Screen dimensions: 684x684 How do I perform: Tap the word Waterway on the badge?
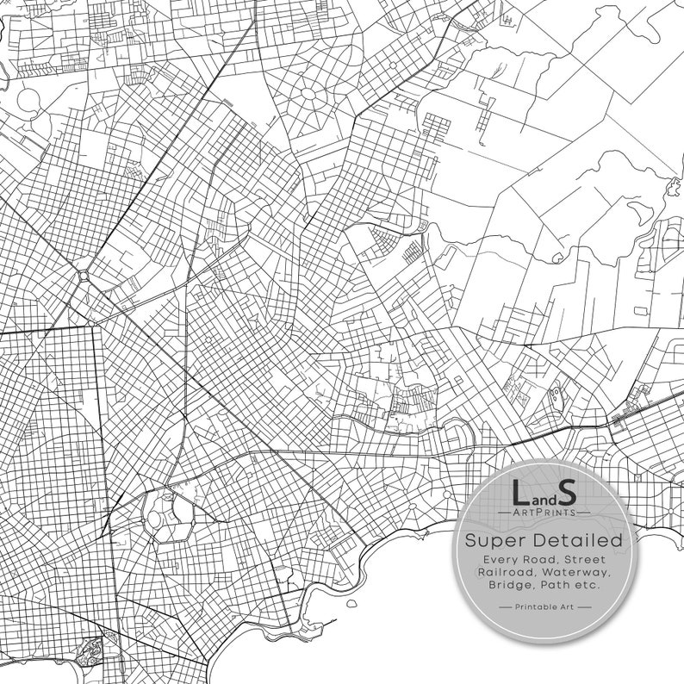click(x=577, y=573)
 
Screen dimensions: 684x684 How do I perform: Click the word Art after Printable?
click(x=567, y=607)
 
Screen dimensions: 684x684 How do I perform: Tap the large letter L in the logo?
click(x=519, y=494)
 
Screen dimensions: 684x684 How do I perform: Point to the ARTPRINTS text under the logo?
click(x=543, y=513)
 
